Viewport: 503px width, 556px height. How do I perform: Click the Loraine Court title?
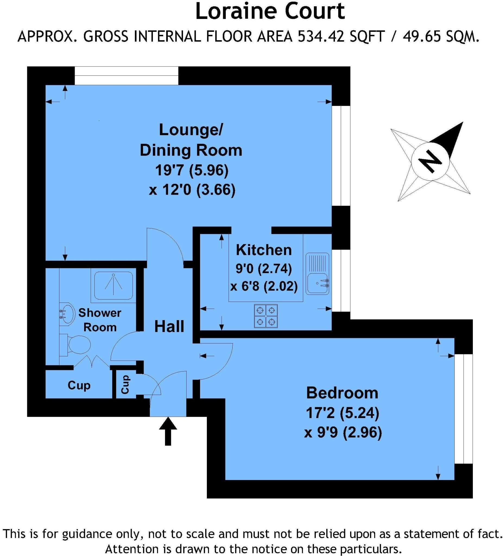click(x=270, y=12)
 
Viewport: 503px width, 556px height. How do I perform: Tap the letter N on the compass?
click(x=430, y=162)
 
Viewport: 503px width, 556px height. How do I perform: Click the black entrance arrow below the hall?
click(x=168, y=431)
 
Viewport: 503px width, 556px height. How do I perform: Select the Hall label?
click(x=169, y=327)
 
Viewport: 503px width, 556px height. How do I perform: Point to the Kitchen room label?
click(x=264, y=250)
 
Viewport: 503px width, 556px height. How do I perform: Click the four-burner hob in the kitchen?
click(x=265, y=316)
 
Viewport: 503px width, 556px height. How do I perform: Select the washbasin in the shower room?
click(x=66, y=314)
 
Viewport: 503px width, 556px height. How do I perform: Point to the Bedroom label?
click(x=342, y=393)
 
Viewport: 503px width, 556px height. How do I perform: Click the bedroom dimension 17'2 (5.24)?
click(x=342, y=413)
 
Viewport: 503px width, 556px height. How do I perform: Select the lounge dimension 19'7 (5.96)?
click(x=192, y=170)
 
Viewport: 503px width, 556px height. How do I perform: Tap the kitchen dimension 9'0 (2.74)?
click(x=263, y=268)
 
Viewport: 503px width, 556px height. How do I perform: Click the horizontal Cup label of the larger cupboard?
click(x=79, y=385)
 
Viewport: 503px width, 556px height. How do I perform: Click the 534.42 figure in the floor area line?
click(x=321, y=37)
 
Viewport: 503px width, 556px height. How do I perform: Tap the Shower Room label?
click(x=100, y=320)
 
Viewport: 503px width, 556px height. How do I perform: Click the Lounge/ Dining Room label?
click(x=191, y=140)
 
